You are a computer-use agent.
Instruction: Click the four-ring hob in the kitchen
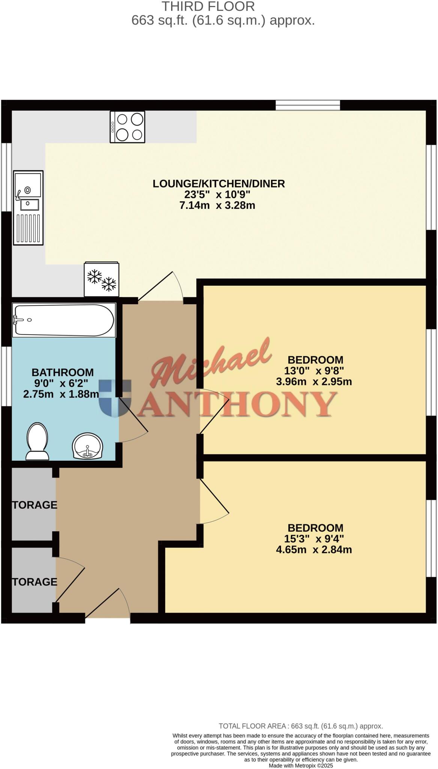[127, 127]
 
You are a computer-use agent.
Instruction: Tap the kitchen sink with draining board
[29, 207]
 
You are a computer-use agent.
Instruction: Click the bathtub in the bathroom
[63, 320]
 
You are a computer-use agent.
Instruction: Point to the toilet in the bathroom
[38, 440]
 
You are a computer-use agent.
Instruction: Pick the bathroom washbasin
[87, 446]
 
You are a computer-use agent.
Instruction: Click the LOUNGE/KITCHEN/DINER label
[218, 184]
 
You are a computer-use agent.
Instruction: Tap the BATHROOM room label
[63, 372]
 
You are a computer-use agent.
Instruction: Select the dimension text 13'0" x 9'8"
[314, 371]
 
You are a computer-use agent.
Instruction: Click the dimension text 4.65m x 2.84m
[314, 550]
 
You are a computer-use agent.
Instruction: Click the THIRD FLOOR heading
[208, 6]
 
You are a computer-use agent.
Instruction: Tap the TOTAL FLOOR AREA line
[301, 726]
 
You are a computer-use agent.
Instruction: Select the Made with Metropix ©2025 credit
[301, 766]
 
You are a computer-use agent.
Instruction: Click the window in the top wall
[308, 105]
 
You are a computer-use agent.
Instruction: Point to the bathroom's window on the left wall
[6, 376]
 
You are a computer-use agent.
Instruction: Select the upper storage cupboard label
[35, 505]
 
